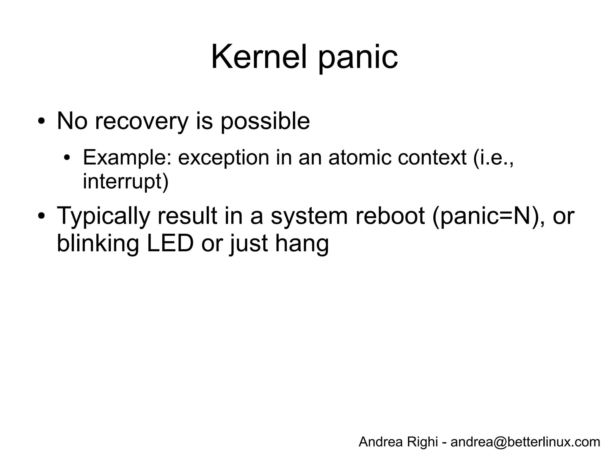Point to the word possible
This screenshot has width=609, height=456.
point(265,122)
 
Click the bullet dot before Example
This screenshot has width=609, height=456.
point(67,157)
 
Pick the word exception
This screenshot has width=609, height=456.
point(223,157)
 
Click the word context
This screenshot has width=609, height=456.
point(432,157)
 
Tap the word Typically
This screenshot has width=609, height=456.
point(103,216)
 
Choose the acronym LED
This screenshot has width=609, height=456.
point(170,244)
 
